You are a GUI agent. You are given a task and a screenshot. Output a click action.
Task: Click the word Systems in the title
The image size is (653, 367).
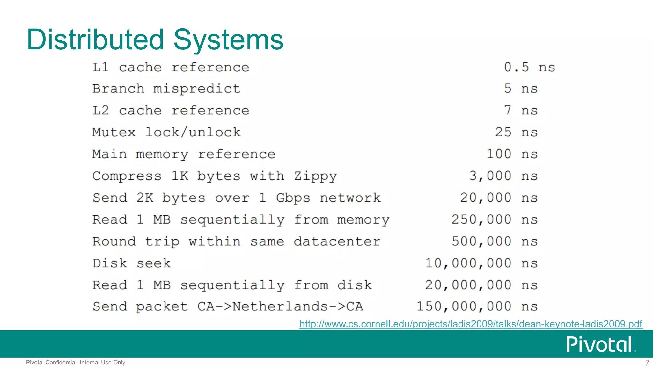point(228,40)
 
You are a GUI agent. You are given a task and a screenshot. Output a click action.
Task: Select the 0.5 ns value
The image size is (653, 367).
point(529,67)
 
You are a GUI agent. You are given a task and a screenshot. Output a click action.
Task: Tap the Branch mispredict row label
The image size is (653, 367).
point(166,89)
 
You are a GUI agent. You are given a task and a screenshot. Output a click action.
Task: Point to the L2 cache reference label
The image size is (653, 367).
point(171,111)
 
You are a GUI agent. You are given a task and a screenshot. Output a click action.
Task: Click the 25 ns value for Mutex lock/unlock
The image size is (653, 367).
point(516,132)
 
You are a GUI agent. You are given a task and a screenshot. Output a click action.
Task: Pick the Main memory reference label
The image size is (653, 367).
point(184,154)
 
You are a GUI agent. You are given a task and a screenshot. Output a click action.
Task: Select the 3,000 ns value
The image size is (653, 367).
point(503,176)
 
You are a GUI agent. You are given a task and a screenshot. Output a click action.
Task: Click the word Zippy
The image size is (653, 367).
point(315,176)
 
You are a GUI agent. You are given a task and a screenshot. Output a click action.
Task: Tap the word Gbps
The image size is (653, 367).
point(293,198)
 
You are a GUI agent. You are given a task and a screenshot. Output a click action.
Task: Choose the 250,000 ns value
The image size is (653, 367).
point(494,219)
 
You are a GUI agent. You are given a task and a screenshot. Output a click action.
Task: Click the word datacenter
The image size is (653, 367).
point(337,241)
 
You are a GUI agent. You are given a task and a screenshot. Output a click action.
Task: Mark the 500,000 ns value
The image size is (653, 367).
point(495,241)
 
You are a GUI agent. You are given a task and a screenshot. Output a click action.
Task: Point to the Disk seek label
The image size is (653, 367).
point(132,263)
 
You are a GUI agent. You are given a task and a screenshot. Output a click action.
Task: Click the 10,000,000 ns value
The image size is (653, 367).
point(481,263)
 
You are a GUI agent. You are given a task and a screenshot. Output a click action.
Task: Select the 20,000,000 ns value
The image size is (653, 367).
point(481,285)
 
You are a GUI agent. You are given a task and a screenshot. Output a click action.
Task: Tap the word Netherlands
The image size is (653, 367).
point(280,306)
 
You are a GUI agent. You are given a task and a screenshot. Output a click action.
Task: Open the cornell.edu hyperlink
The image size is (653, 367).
point(471,324)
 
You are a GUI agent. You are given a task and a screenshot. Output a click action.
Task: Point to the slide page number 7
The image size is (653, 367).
point(647,363)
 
